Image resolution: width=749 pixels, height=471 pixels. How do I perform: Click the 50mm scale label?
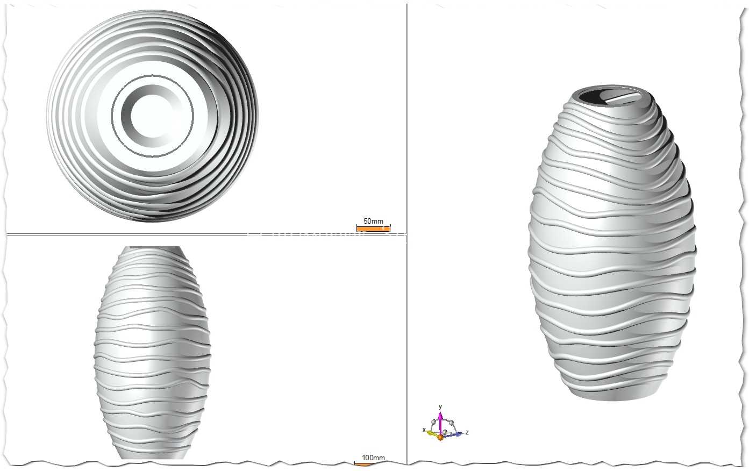pyautogui.click(x=373, y=221)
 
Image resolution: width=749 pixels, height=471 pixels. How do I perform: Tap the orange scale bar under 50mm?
pyautogui.click(x=374, y=229)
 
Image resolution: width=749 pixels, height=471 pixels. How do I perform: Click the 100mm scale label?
pyautogui.click(x=373, y=458)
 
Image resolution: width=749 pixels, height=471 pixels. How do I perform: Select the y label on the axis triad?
pyautogui.click(x=440, y=406)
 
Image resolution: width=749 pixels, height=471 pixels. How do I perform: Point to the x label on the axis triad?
pyautogui.click(x=424, y=430)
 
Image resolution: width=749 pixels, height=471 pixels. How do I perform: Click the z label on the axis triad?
pyautogui.click(x=467, y=432)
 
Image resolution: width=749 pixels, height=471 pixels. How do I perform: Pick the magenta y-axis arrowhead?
pyautogui.click(x=440, y=416)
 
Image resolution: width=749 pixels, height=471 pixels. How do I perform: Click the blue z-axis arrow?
pyautogui.click(x=453, y=435)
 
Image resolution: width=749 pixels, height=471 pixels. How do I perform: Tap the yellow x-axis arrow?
pyautogui.click(x=432, y=433)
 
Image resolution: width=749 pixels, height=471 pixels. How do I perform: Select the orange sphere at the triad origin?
pyautogui.click(x=440, y=437)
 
